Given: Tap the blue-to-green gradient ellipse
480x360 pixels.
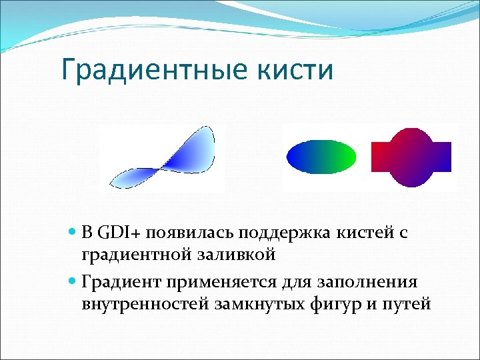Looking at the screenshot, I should tap(321, 157).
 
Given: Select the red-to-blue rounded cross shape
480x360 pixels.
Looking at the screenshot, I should tap(411, 157).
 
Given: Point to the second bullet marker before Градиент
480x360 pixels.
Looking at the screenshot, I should tap(73, 283).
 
